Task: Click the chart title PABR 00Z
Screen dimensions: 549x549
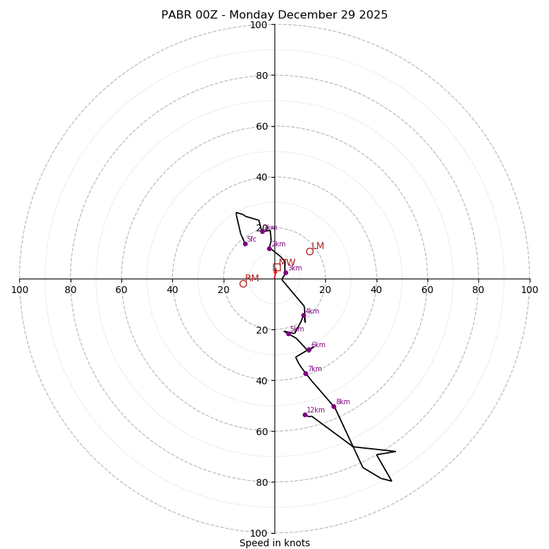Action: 274,15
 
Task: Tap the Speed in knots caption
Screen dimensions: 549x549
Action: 274,543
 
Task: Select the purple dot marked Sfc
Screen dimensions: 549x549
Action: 245,244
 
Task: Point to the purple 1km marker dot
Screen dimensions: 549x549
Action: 262,231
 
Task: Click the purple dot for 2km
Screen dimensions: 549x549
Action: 270,248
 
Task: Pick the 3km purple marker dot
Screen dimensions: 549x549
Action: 285,272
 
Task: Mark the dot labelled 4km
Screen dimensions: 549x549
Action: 303,316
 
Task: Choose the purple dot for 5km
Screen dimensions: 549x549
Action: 288,334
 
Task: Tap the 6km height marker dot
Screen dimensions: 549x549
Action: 309,349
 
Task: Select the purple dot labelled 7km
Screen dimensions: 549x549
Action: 305,373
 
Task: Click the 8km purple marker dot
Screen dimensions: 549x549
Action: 334,406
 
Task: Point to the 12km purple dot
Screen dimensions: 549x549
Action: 305,414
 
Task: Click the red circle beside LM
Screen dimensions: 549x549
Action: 309,251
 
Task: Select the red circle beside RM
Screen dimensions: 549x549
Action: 243,283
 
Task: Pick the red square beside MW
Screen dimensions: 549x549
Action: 277,267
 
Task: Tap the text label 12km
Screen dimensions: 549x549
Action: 316,410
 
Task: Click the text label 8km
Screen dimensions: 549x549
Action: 343,402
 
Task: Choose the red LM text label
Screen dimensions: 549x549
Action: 318,246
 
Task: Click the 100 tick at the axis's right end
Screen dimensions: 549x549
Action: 530,290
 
